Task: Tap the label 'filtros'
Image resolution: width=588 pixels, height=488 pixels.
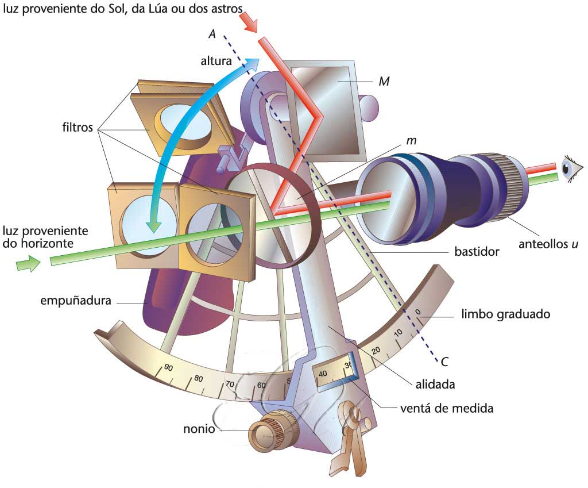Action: (x=77, y=128)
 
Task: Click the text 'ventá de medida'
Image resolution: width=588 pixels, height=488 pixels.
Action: (x=446, y=409)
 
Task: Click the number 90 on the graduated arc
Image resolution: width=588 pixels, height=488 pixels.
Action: (x=168, y=368)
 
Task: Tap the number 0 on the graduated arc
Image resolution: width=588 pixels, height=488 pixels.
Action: (x=418, y=313)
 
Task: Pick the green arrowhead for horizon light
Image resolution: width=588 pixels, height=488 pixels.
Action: (x=29, y=264)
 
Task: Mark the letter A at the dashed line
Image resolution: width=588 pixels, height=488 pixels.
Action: (x=212, y=35)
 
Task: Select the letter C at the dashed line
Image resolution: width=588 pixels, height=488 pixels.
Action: (x=444, y=362)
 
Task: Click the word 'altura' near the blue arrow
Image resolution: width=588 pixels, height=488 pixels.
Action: (x=217, y=60)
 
